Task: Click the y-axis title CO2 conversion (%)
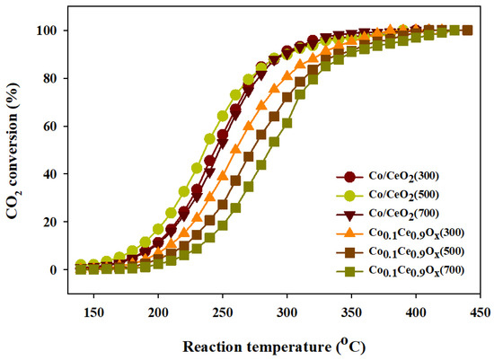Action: coord(15,150)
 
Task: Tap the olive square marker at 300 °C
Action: coord(287,123)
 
